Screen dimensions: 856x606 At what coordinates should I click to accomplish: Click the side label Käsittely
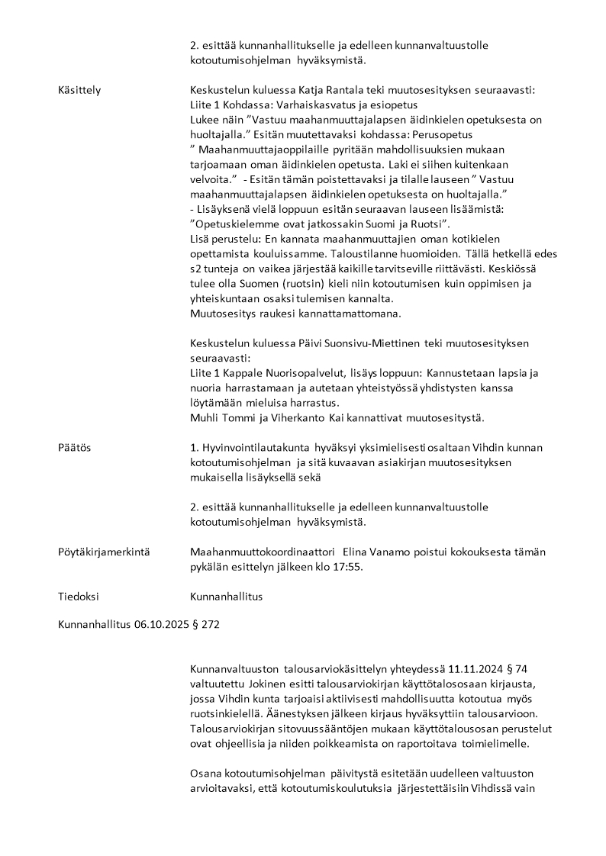pyautogui.click(x=79, y=90)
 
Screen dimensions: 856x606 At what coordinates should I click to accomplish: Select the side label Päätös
pyautogui.click(x=74, y=448)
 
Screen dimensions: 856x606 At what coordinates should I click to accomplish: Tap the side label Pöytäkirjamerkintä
pyautogui.click(x=104, y=552)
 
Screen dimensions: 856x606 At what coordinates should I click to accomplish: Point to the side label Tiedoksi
pyautogui.click(x=79, y=597)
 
